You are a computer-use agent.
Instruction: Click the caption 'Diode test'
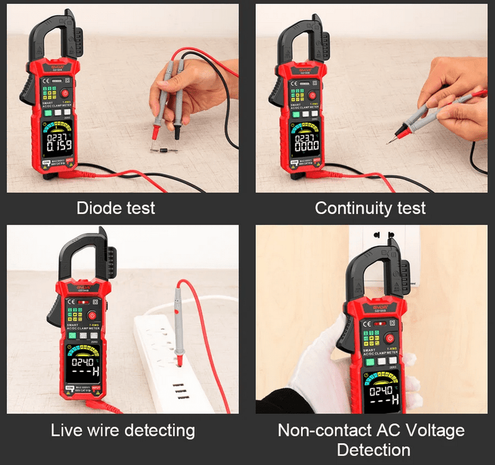(116, 208)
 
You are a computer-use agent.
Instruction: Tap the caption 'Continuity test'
(370, 208)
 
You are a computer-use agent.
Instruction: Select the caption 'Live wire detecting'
(123, 430)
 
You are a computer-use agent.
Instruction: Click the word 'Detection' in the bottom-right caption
(373, 450)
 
